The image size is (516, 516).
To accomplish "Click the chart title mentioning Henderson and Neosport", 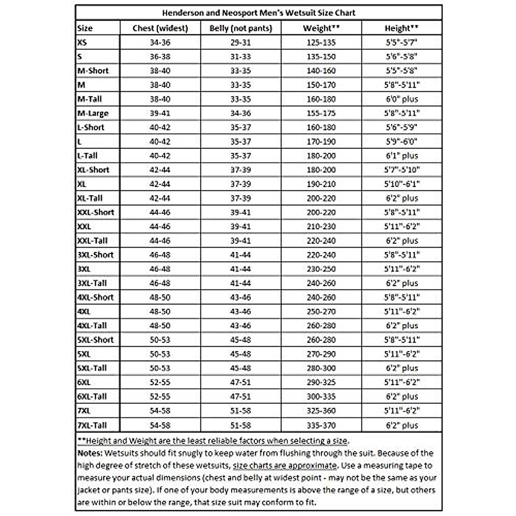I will tap(258, 12).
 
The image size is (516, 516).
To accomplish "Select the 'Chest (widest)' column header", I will tap(160, 28).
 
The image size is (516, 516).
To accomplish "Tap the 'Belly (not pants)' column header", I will tap(240, 28).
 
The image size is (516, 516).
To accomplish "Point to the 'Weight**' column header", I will tap(321, 28).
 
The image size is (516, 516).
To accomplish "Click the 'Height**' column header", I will tap(402, 28).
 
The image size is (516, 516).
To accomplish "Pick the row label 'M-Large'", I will tap(93, 113).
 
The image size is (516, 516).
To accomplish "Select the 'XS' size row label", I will tap(82, 43).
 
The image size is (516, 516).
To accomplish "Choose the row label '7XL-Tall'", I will tap(92, 425).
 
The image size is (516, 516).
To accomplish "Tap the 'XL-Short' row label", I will tap(93, 170).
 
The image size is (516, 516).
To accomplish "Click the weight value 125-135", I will tap(321, 43).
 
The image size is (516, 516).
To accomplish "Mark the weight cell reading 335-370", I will tap(321, 425).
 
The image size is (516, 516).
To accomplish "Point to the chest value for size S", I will tap(160, 57).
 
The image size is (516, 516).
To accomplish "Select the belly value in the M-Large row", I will tap(240, 113).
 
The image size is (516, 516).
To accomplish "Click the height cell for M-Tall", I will tap(402, 99).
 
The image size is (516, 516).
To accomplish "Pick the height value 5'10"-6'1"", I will tap(402, 184).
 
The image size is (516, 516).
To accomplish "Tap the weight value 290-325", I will tap(321, 382).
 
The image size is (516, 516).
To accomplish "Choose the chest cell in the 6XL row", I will tap(160, 382).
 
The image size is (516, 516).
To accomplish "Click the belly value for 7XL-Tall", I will tap(240, 425).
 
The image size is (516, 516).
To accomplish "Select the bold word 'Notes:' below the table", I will tap(90, 453).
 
